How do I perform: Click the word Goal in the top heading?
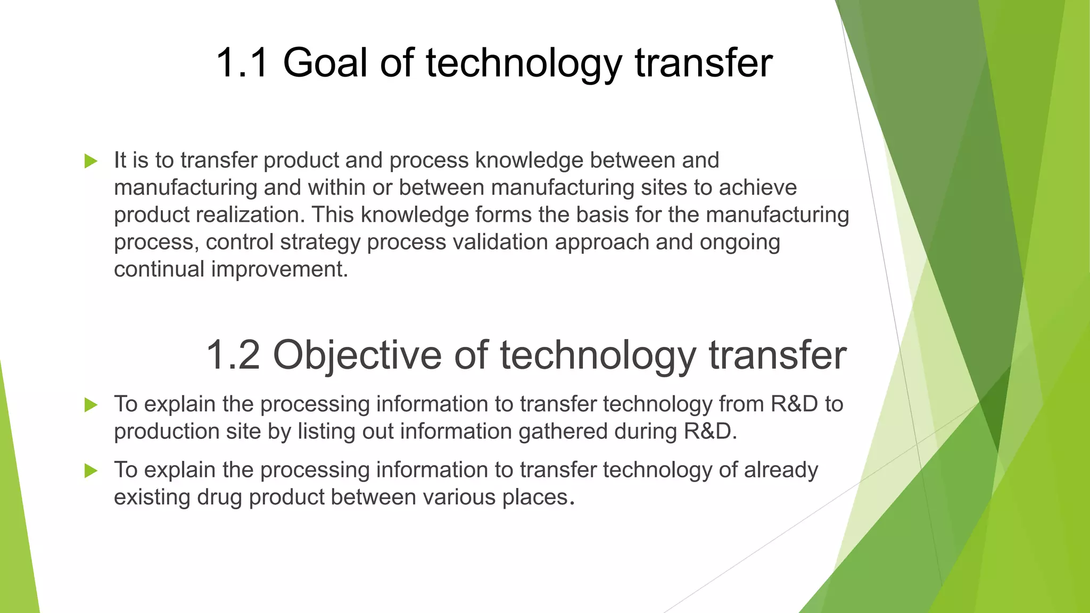click(325, 63)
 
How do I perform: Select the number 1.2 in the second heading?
click(233, 355)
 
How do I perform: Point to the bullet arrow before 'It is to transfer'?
click(91, 161)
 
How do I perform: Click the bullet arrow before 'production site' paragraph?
click(91, 405)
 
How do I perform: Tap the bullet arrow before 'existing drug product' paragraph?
click(91, 470)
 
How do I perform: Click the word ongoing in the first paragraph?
click(740, 242)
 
